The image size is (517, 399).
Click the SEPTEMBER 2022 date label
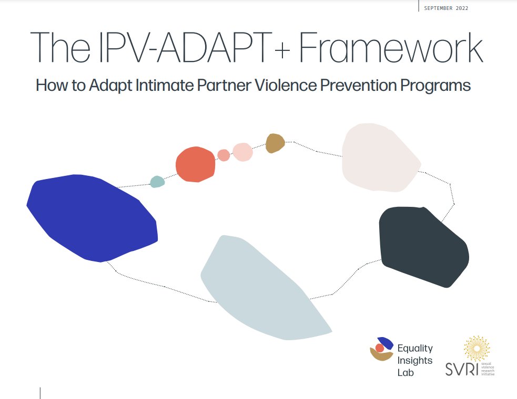445,8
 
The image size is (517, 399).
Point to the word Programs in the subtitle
439,86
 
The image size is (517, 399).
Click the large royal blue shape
92,216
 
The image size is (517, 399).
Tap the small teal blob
157,182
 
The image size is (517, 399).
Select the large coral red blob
195,164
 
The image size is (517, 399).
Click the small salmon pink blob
224,155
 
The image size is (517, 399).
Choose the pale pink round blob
242,152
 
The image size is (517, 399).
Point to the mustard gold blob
275,143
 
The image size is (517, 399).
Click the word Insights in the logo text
415,360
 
